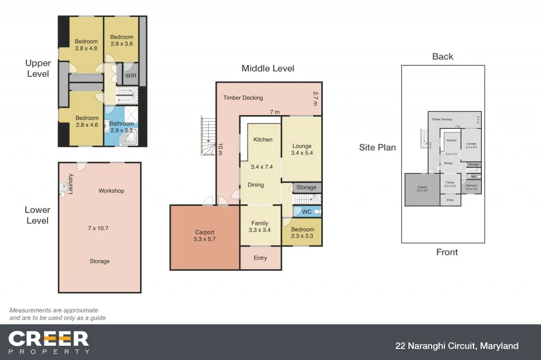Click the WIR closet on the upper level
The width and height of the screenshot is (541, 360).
pos(130,75)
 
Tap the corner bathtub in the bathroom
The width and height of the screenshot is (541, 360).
pos(129,139)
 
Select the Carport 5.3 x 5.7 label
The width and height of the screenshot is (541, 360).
pos(205,235)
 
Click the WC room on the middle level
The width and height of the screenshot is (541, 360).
pos(306,212)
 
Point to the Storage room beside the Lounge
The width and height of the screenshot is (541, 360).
pos(306,187)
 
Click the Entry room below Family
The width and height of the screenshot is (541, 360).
pos(260,258)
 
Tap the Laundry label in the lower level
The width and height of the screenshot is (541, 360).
pos(70,185)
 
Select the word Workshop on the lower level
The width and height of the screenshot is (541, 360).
pos(111,191)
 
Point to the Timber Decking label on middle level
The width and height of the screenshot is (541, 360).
pos(242,98)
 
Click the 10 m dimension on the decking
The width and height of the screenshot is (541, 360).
pos(220,149)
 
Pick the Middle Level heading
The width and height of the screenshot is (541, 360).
pos(268,68)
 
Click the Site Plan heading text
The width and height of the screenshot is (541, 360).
pos(377,147)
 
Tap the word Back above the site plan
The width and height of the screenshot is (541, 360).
pos(443,56)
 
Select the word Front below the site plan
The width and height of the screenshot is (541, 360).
pos(447,252)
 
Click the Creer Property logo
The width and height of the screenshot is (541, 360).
pos(49,342)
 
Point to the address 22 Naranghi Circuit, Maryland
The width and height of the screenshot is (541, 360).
pos(457,346)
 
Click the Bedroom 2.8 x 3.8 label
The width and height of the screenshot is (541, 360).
pos(122,41)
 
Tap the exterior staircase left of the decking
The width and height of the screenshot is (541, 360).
pos(209,136)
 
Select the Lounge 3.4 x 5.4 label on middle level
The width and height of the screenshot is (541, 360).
pos(301,149)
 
